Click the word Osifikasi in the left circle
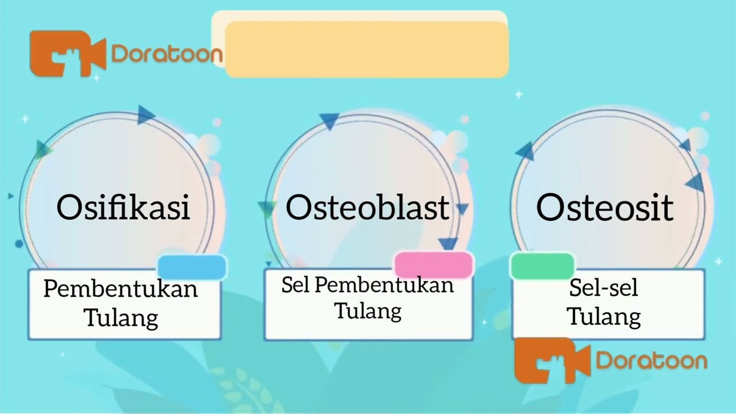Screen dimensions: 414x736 (x=123, y=207)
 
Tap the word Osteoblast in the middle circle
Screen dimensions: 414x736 (x=367, y=207)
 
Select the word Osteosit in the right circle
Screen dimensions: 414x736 (x=604, y=207)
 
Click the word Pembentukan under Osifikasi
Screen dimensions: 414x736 (x=121, y=289)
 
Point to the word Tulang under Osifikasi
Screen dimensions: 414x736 (x=121, y=317)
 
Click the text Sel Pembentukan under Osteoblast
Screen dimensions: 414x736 (x=367, y=285)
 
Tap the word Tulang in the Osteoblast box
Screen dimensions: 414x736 (x=368, y=311)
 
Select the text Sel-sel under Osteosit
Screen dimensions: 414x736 (x=604, y=288)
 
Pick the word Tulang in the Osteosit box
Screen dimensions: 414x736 (x=604, y=317)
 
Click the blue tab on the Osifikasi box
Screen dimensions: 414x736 (x=192, y=267)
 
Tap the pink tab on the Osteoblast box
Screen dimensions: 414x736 (x=434, y=265)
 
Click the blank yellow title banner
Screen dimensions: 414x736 (x=366, y=49)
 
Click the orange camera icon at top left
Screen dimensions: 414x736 (x=68, y=53)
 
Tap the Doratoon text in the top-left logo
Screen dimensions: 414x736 (x=167, y=54)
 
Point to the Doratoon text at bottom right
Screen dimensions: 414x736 (x=651, y=361)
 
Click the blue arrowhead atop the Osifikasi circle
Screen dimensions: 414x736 (x=145, y=115)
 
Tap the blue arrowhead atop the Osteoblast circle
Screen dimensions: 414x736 (x=329, y=121)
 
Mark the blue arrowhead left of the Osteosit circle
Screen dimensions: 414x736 (x=525, y=151)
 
